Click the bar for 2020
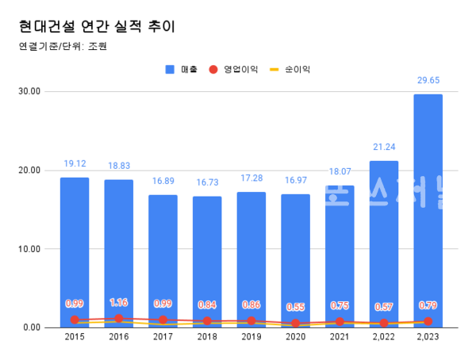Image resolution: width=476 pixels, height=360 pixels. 296,254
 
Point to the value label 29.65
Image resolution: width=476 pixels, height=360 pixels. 428,80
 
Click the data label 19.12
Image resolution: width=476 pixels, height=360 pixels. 75,163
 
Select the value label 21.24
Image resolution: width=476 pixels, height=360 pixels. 384,147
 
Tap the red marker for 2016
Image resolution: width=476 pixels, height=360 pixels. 119,319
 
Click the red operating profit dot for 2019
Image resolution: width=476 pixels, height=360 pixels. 251,321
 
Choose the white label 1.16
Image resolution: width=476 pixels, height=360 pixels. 119,303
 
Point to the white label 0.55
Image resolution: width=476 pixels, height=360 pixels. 296,307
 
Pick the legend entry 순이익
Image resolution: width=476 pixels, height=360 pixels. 290,69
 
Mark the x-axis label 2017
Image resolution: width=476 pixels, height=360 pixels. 163,338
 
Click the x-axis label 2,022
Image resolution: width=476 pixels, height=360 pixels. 384,338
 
